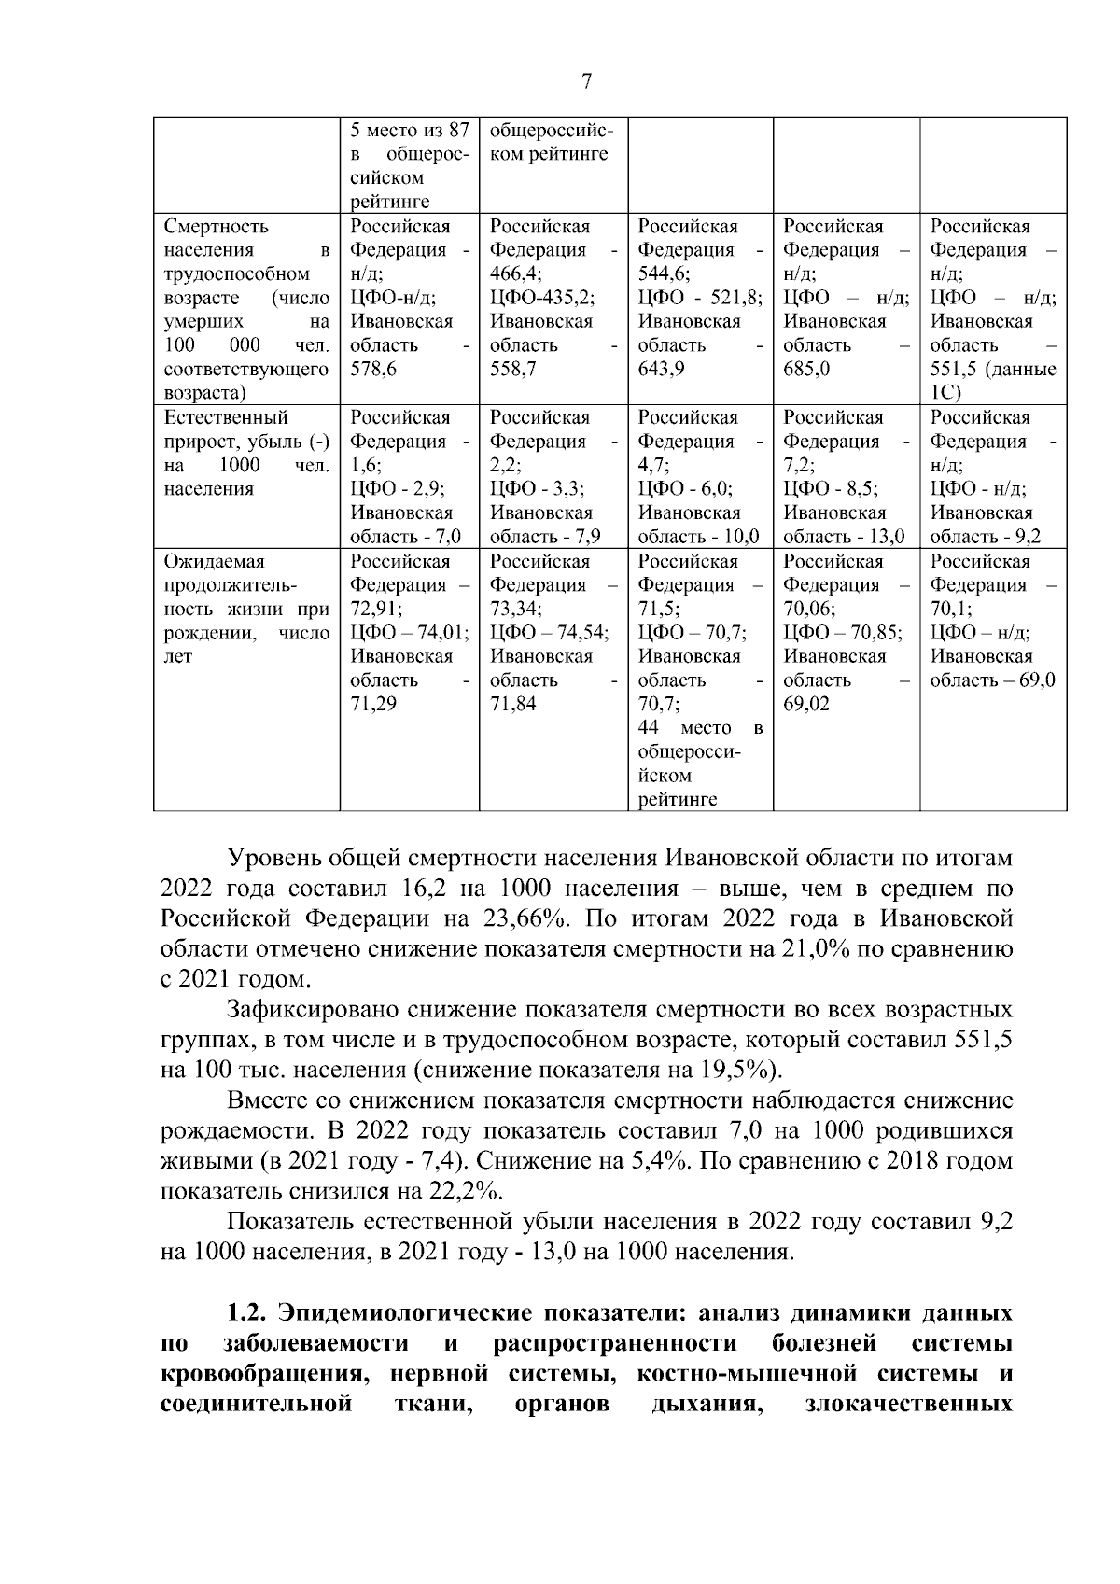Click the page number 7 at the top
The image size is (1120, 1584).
tap(586, 82)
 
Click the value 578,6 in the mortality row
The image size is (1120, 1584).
tap(372, 370)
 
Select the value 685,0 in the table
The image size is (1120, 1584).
tap(805, 370)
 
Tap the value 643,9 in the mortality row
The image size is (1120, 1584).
tap(661, 370)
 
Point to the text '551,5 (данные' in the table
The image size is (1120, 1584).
tap(993, 370)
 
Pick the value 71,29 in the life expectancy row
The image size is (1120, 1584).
tap(372, 704)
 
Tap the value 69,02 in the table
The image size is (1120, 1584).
tap(805, 704)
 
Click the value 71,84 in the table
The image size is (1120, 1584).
tap(513, 704)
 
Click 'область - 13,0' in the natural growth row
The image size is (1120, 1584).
tap(844, 537)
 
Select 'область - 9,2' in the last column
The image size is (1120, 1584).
tap(986, 537)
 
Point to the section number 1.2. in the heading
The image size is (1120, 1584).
tap(247, 1313)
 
